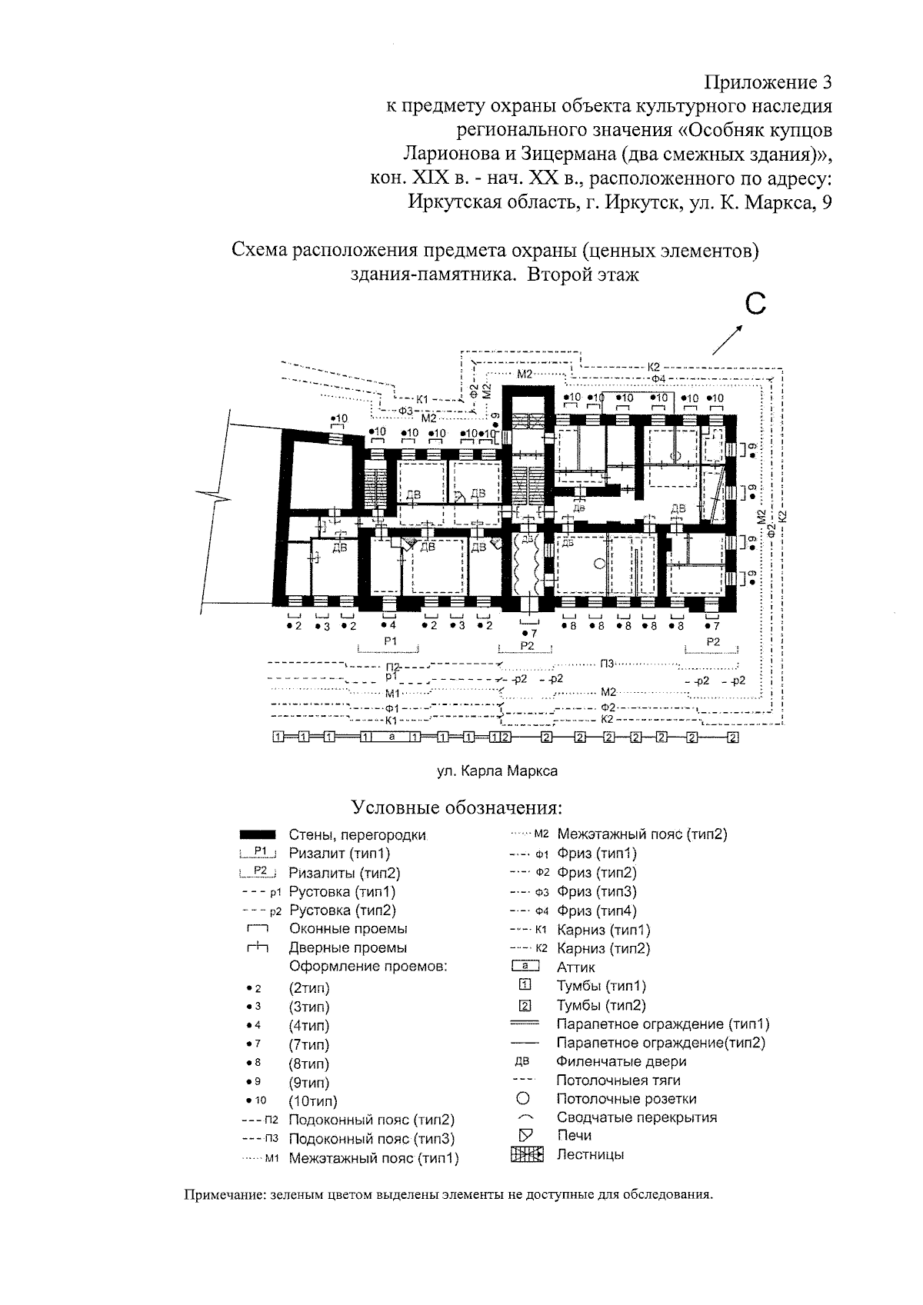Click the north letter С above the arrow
coord(755,305)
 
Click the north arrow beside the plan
coord(728,340)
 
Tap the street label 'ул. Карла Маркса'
coord(497,771)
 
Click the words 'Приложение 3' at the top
coord(768,82)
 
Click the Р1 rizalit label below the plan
coord(390,641)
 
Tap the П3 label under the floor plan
coord(607,664)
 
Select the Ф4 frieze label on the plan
coord(658,378)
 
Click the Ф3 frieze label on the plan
coord(405,411)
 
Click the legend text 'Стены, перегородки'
coord(358,835)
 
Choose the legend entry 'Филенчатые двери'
coord(621,1062)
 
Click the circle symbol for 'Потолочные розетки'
coord(522,1099)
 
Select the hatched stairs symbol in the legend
coord(527,1154)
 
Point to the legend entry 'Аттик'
coord(576,967)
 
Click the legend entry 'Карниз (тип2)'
coord(604,949)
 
